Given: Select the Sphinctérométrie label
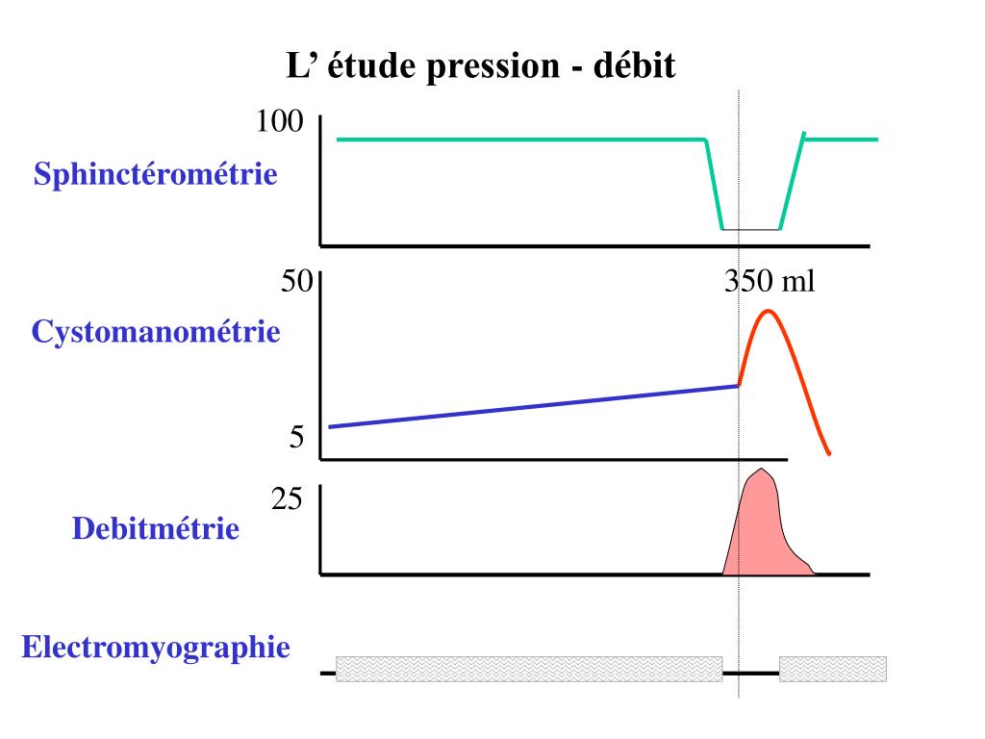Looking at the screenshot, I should coord(156,176).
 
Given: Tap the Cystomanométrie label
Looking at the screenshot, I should coord(156,333).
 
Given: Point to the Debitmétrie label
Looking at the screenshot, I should coord(156,528).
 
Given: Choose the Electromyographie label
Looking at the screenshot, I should coord(156,647).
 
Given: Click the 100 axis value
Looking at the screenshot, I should coord(280,122).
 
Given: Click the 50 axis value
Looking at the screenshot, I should coord(296,282).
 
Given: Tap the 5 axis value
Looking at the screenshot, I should coord(297,439).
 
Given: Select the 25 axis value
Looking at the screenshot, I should coord(288,499).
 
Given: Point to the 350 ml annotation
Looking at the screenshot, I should coord(769,282).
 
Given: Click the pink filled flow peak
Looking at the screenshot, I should coord(760,529).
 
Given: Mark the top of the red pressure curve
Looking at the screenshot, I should coord(768,312).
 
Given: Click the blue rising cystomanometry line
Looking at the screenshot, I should coord(529,406).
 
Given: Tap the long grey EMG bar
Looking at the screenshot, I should coord(529,669).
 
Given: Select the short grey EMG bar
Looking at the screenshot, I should coord(832,669).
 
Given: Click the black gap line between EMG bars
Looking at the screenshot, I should coord(750,673).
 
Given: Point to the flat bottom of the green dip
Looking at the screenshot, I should coord(750,229).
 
